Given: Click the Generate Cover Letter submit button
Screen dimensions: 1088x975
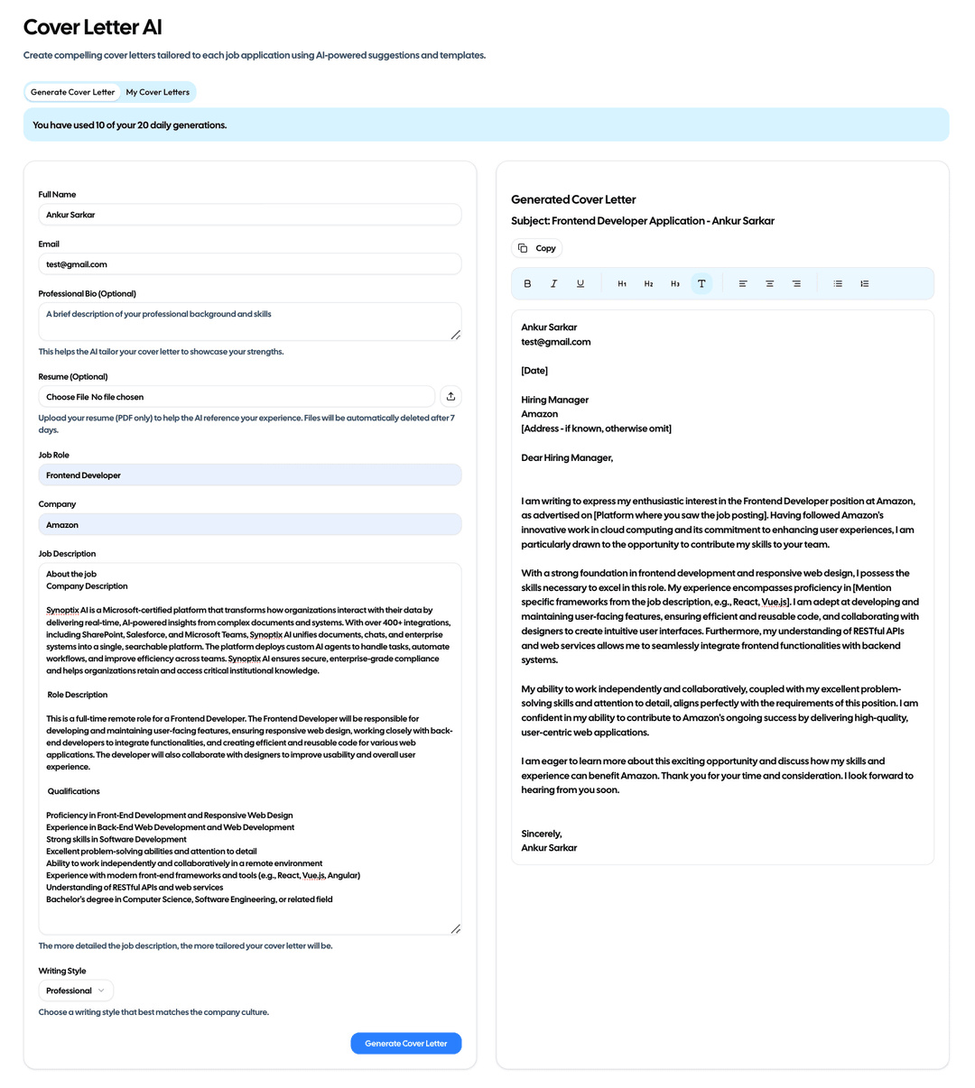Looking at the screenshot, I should point(405,1043).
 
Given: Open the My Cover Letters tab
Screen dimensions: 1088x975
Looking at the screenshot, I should point(158,92).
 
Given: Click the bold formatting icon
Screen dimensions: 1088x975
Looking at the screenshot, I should point(528,283).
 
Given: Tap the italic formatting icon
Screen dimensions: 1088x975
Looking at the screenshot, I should point(554,283).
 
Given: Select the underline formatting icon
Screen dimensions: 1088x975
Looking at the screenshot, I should point(580,283).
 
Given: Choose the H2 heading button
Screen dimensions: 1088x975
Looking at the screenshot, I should point(648,283).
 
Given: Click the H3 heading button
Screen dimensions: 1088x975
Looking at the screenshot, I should point(674,283).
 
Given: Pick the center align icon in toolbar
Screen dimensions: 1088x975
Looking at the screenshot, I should point(770,283).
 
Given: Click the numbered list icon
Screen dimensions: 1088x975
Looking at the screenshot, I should point(864,283).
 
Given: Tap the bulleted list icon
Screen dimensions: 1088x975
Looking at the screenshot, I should point(838,283).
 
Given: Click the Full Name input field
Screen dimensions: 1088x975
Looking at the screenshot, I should point(249,215).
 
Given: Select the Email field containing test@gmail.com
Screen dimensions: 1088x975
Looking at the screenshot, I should point(249,264).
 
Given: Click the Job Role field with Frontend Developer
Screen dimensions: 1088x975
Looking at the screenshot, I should point(249,475).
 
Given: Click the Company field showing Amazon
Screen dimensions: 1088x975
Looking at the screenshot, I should point(249,525).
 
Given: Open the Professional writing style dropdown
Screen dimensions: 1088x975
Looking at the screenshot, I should point(76,991).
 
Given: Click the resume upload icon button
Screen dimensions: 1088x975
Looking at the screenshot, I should point(450,397).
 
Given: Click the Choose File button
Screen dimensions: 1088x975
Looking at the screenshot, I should point(67,397).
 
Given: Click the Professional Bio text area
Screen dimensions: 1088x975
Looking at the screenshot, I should point(249,321).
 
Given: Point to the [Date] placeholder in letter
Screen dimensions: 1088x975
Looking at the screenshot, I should point(534,371).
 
